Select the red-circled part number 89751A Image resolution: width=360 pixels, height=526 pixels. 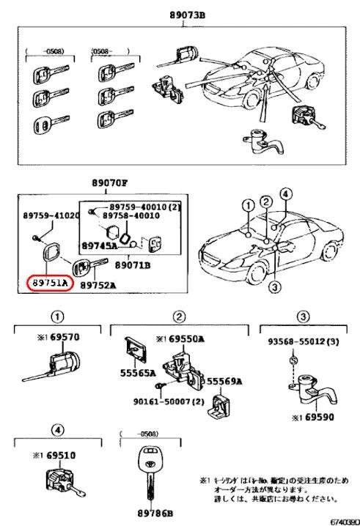click(x=48, y=283)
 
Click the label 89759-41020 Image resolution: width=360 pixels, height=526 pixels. click(x=49, y=216)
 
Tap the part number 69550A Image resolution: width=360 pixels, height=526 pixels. click(x=186, y=340)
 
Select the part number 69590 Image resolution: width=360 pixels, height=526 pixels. click(x=323, y=418)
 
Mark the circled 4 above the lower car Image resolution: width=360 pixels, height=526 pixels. click(x=285, y=194)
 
